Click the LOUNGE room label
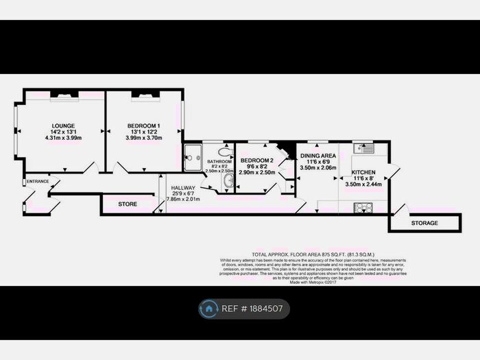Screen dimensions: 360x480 point(62,125)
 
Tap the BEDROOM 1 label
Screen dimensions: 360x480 point(143,125)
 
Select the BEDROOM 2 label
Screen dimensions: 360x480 point(256,160)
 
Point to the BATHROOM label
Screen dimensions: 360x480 point(220,161)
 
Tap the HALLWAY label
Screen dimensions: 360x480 point(183,187)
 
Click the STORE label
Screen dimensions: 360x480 point(128,204)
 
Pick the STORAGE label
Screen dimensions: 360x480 point(424,223)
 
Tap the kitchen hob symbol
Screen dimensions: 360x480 point(363,206)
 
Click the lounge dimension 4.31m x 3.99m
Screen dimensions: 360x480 point(62,138)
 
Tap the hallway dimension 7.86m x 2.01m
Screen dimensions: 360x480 point(183,200)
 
